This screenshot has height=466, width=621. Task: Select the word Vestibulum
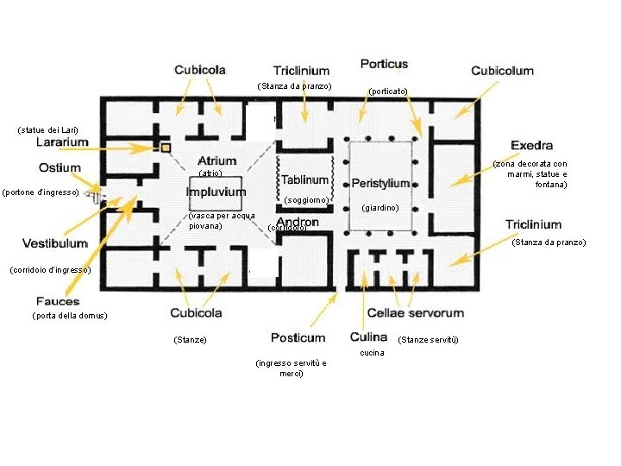[x=54, y=243]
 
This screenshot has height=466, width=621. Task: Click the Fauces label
[x=58, y=301]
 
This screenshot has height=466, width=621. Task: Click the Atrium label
[x=216, y=161]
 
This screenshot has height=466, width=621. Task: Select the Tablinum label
[x=304, y=180]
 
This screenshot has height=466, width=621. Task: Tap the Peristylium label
[x=380, y=184]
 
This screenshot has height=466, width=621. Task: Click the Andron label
[x=298, y=222]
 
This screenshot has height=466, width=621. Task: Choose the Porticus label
[x=384, y=64]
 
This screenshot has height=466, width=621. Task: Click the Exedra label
[x=532, y=145]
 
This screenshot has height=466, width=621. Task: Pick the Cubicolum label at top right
[x=502, y=71]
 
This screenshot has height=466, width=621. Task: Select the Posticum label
[x=298, y=337]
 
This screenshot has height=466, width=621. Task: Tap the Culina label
[x=368, y=337]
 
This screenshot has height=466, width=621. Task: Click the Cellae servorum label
[x=416, y=312]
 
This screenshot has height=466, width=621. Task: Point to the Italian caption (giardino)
[x=379, y=208]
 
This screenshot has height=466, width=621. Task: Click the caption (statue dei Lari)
[x=46, y=130]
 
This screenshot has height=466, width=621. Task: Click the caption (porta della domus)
[x=69, y=316]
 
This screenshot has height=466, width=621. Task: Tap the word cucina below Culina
[x=373, y=353]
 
